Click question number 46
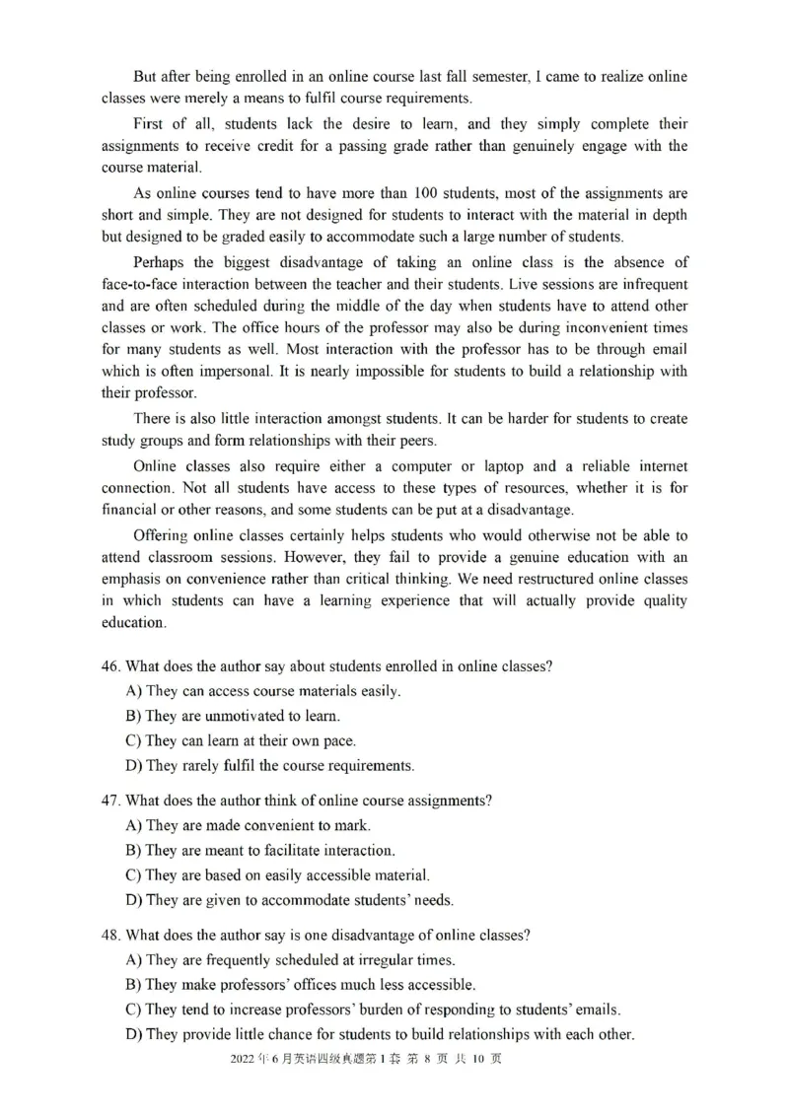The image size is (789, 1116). pos(111,666)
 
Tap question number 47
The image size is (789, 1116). pos(111,801)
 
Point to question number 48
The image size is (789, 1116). pos(111,935)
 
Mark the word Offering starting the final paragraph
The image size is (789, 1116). pos(161,535)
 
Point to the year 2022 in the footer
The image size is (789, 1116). pos(242,1059)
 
